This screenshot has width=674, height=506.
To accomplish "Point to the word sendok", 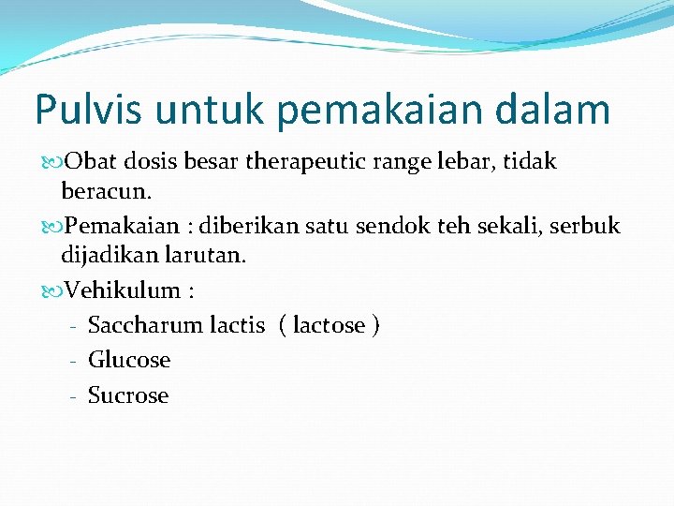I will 431,227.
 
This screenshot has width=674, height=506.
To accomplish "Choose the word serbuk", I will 586,227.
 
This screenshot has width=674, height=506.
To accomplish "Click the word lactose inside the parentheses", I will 329,325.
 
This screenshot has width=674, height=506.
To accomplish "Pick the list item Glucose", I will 129,360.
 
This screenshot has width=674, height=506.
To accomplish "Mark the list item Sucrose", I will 128,395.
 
